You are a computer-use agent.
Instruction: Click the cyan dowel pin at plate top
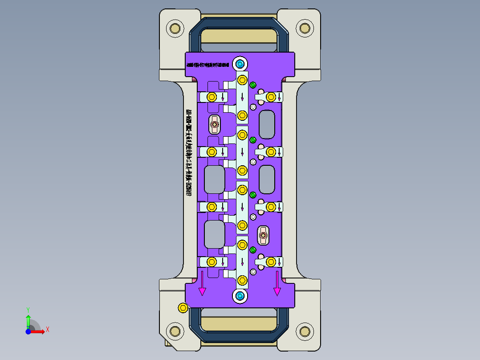point(240,64)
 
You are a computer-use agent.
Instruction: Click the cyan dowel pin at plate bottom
point(240,296)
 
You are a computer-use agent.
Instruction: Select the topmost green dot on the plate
point(253,85)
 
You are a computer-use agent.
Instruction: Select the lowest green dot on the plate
point(253,250)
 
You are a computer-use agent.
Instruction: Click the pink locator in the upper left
point(215,125)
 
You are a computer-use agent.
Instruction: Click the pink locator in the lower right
point(263,235)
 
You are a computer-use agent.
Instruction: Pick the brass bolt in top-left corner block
point(175,29)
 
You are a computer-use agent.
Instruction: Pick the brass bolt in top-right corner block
point(305,29)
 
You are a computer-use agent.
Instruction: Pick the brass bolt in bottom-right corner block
point(305,331)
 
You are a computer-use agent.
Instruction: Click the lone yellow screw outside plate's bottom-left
point(182,307)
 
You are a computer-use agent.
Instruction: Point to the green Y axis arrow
point(28,317)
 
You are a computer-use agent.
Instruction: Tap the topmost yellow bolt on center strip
point(242,80)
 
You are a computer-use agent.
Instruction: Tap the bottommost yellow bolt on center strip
point(242,280)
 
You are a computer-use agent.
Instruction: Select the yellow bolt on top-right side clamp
point(270,97)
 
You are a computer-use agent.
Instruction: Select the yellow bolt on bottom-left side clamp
point(212,261)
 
